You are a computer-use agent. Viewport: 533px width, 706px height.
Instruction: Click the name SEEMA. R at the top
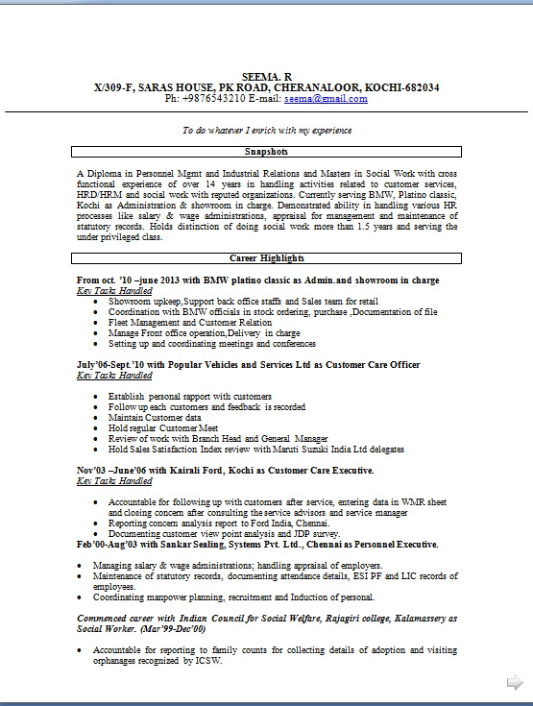pos(266,76)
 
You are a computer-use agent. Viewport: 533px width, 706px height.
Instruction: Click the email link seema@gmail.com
pos(327,98)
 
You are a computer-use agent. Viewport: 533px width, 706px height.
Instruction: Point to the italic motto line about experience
pos(267,130)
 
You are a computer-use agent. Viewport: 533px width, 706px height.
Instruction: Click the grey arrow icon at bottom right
pos(515,682)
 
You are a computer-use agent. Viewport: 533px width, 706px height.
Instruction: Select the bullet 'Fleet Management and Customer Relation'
pos(190,323)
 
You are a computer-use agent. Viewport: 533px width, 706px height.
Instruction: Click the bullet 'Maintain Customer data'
pos(155,418)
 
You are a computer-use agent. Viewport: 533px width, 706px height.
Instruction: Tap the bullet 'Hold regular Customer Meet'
pos(163,428)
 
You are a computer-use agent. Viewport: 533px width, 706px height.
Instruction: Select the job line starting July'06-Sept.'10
pos(234,365)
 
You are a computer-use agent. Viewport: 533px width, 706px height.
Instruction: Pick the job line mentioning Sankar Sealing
pos(257,544)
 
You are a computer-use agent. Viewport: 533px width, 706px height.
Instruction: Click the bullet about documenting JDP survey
pos(223,533)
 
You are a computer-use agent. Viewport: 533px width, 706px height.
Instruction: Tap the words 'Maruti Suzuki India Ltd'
pos(337,449)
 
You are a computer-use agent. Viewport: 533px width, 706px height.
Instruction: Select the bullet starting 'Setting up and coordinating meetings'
pos(211,343)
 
